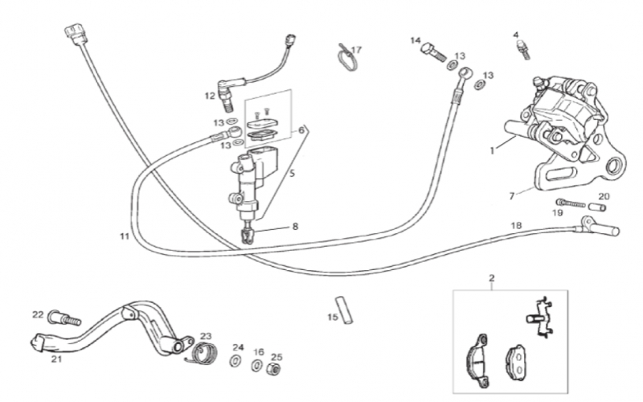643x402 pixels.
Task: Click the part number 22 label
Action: pos(38,314)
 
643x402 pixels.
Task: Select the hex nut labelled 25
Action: pos(274,369)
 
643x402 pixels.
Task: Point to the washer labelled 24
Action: pos(235,361)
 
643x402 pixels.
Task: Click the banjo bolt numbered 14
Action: pos(433,52)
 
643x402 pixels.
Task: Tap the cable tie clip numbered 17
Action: pos(346,57)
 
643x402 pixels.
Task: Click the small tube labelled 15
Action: pos(345,310)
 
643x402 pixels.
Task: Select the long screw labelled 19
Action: pos(570,203)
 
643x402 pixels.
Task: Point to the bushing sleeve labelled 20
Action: pos(597,207)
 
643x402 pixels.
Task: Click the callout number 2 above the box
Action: pos(492,278)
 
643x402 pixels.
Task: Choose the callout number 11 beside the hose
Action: pos(125,236)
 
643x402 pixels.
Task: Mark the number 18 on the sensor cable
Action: pos(516,225)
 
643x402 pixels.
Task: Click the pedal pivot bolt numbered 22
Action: pos(64,318)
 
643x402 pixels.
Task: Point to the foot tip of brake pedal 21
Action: pos(37,343)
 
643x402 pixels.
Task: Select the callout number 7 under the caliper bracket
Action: pos(511,196)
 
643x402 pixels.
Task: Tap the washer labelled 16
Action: pos(257,365)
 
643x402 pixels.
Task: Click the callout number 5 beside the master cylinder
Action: pos(292,174)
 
